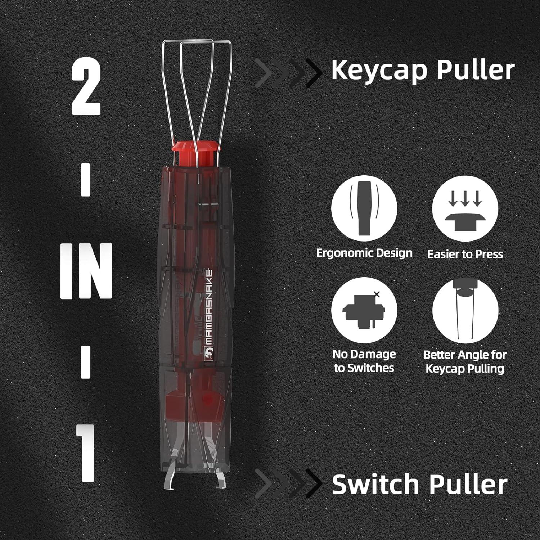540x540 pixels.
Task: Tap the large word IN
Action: coord(86,271)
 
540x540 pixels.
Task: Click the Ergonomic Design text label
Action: coord(364,253)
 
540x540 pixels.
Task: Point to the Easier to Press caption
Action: coord(465,254)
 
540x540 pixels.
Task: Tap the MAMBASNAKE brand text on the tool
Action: coord(208,310)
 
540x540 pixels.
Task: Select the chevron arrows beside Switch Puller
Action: coord(288,484)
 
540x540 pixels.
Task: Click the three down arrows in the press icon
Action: coord(465,199)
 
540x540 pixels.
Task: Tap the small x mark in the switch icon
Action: coord(377,294)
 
